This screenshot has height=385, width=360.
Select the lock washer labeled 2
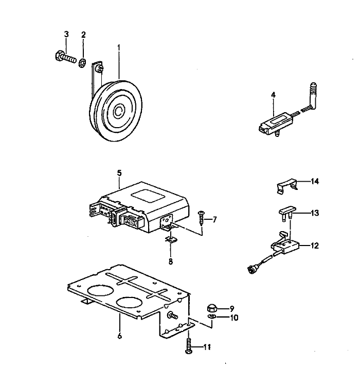[82, 63]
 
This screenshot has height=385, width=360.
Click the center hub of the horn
[119, 110]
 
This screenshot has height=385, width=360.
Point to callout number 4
[273, 95]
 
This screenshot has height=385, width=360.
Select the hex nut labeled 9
[211, 308]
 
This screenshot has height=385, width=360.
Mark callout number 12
[314, 246]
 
